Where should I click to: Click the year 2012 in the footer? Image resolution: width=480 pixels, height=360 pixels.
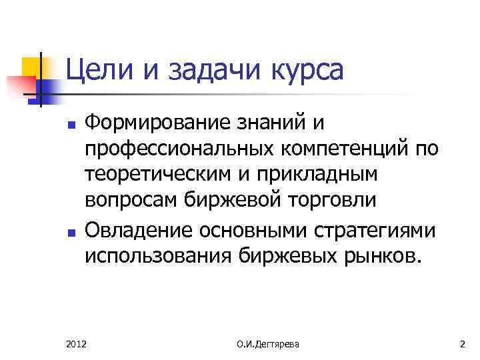[x=76, y=344]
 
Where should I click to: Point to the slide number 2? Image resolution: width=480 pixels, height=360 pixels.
[x=462, y=344]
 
